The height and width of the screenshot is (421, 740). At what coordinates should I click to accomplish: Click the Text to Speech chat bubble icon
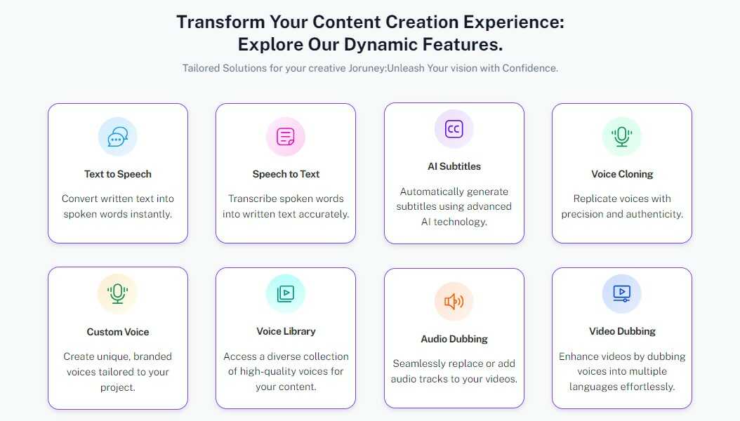click(x=117, y=137)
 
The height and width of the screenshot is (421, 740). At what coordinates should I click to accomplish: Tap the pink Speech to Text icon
click(x=286, y=137)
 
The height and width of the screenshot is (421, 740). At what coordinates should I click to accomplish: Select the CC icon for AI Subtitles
click(x=454, y=128)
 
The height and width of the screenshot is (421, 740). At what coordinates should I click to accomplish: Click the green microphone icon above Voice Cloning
click(x=621, y=137)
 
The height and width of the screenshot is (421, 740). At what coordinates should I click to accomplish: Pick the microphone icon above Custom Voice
click(x=117, y=294)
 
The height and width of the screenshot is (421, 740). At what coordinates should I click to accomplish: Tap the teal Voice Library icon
click(x=286, y=293)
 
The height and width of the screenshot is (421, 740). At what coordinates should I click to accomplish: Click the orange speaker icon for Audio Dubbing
click(x=454, y=301)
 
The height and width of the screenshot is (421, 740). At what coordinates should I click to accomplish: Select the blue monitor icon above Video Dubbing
click(x=621, y=293)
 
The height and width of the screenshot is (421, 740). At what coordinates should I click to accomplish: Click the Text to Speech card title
click(x=117, y=174)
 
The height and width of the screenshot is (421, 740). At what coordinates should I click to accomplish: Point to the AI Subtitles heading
click(x=454, y=166)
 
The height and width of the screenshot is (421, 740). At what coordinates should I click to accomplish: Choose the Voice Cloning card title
click(x=622, y=174)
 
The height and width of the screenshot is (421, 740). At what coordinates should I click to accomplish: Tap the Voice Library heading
click(x=286, y=331)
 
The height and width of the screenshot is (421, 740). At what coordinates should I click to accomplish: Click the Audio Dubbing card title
click(x=454, y=339)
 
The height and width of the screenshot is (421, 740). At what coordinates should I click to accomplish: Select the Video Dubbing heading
click(x=622, y=331)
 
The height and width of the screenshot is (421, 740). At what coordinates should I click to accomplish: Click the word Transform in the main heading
click(x=220, y=22)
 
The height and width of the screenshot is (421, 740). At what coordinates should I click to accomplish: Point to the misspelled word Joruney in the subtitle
click(x=366, y=68)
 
